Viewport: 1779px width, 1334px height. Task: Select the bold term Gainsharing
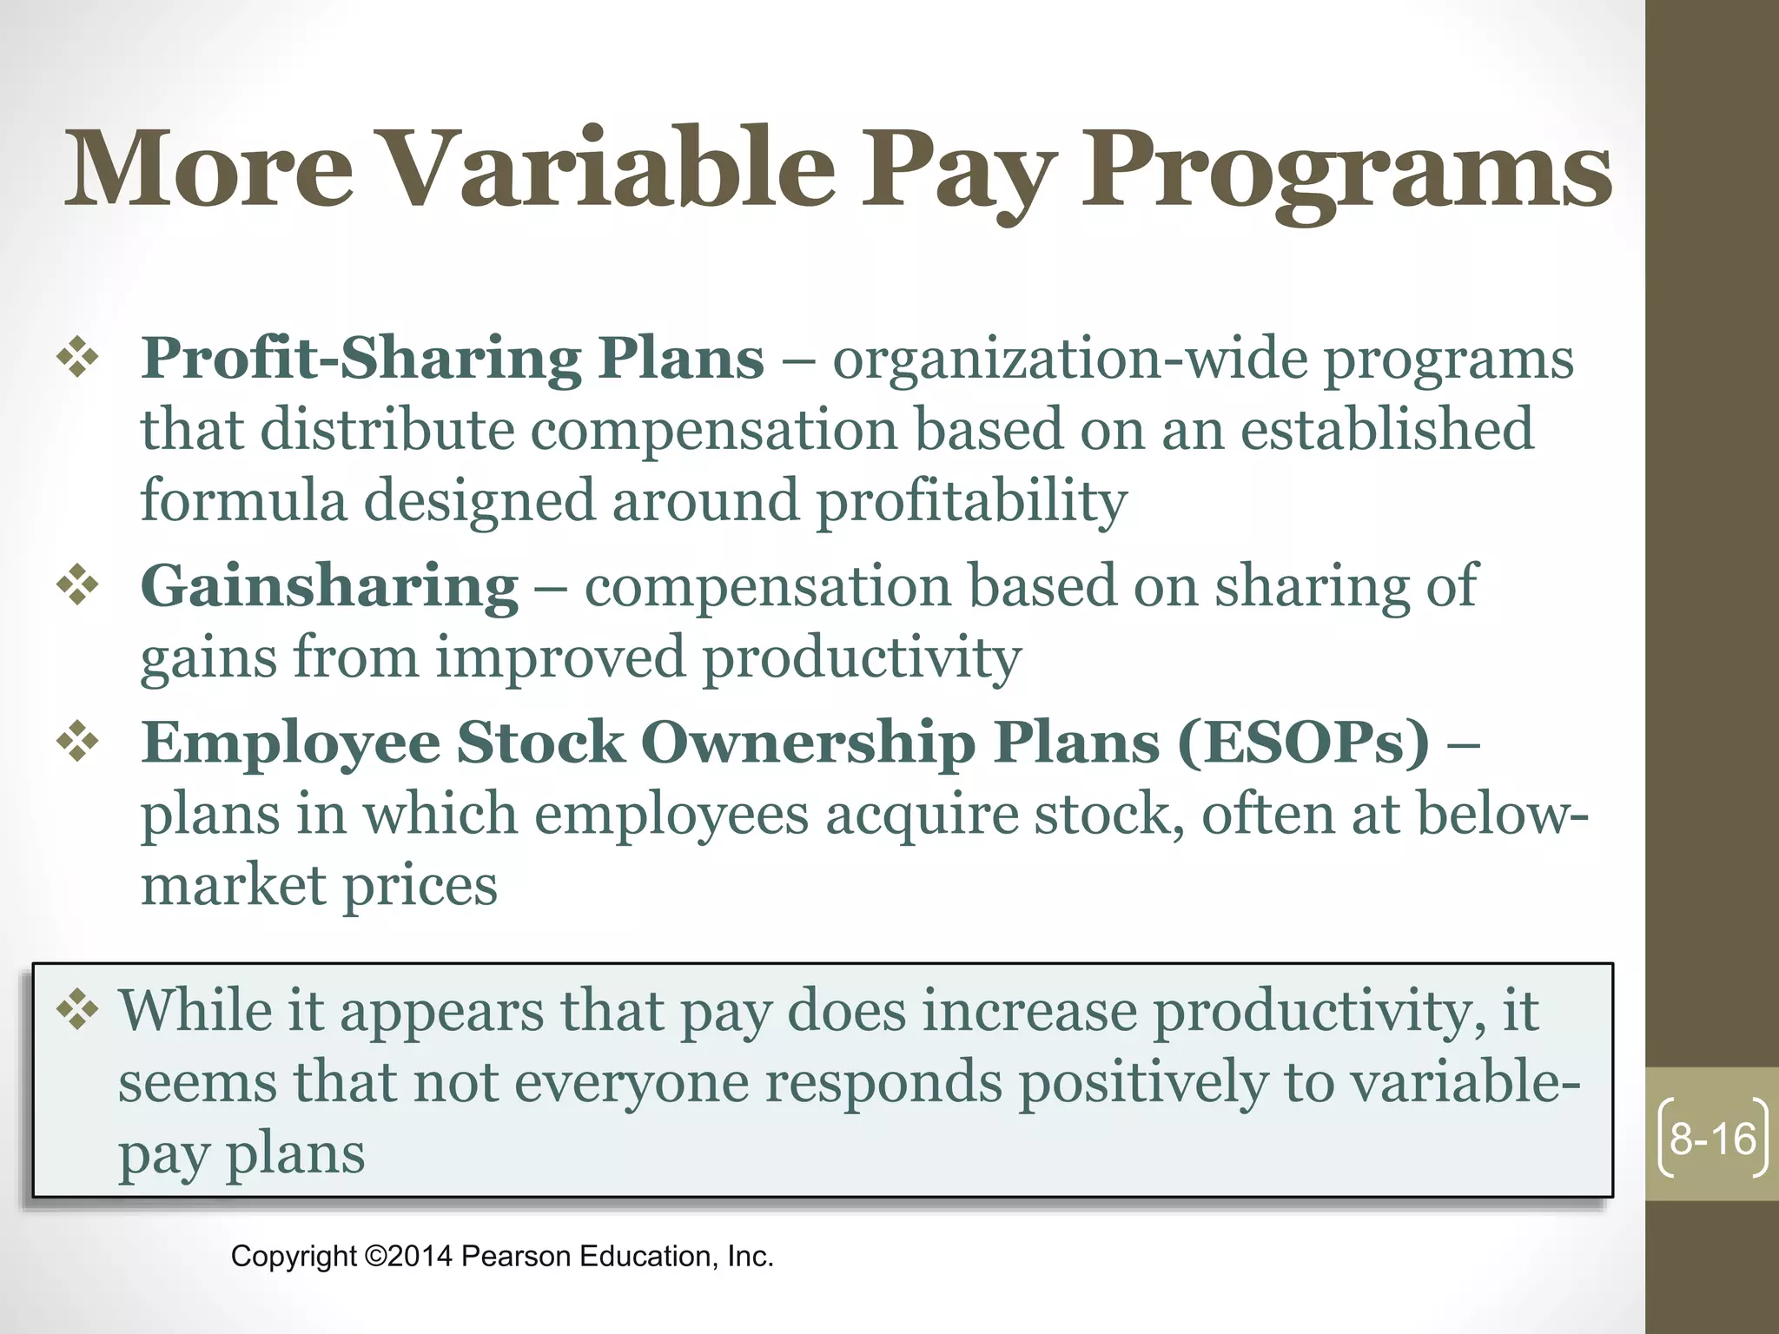click(329, 586)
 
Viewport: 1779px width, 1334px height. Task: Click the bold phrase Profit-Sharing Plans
click(453, 358)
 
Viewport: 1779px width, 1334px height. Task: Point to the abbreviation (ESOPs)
click(1303, 743)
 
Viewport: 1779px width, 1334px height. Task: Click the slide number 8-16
click(1712, 1139)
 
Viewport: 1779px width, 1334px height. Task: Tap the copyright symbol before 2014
click(374, 1256)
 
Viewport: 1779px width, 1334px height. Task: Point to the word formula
click(243, 500)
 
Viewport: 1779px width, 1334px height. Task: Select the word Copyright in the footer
click(294, 1257)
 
